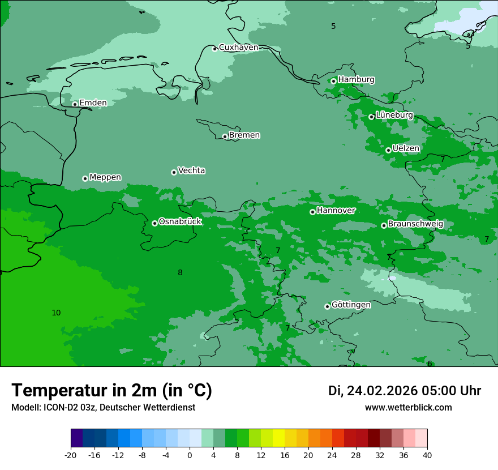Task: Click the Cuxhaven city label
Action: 238,48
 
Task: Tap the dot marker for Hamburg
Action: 333,81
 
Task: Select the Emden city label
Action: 93,102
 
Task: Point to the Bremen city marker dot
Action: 225,136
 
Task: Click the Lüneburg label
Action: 394,115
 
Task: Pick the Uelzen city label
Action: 406,148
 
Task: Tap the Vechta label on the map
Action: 191,170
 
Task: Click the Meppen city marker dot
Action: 85,178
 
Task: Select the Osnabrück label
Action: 180,221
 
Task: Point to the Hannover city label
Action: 336,211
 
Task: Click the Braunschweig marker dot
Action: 384,225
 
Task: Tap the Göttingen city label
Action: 351,305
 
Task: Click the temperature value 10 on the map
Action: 56,313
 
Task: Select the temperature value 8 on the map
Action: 180,272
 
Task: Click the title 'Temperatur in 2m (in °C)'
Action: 111,391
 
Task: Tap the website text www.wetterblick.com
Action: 408,408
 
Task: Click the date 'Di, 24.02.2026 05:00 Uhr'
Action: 405,391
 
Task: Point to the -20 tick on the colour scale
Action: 71,455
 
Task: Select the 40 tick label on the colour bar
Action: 427,455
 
